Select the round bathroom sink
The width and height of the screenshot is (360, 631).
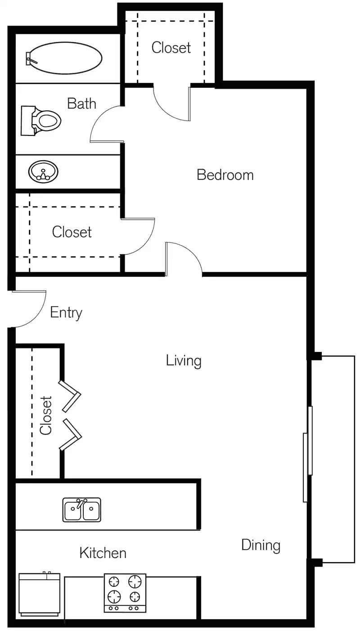44,171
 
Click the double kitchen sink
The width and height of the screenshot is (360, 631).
82,509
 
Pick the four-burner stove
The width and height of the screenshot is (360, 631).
125,592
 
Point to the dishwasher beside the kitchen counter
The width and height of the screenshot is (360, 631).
39,594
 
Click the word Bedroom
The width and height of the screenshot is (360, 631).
225,175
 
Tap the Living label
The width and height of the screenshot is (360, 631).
184,361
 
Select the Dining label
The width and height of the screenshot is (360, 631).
261,545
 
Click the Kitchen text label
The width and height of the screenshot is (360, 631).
103,553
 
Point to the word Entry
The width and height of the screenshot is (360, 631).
66,312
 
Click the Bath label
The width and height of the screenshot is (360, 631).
81,104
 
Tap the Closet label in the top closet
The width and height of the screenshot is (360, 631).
171,47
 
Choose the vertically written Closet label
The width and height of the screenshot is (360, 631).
46,415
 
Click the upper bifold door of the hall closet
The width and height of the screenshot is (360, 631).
71,396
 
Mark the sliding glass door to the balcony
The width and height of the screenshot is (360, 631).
308,454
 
